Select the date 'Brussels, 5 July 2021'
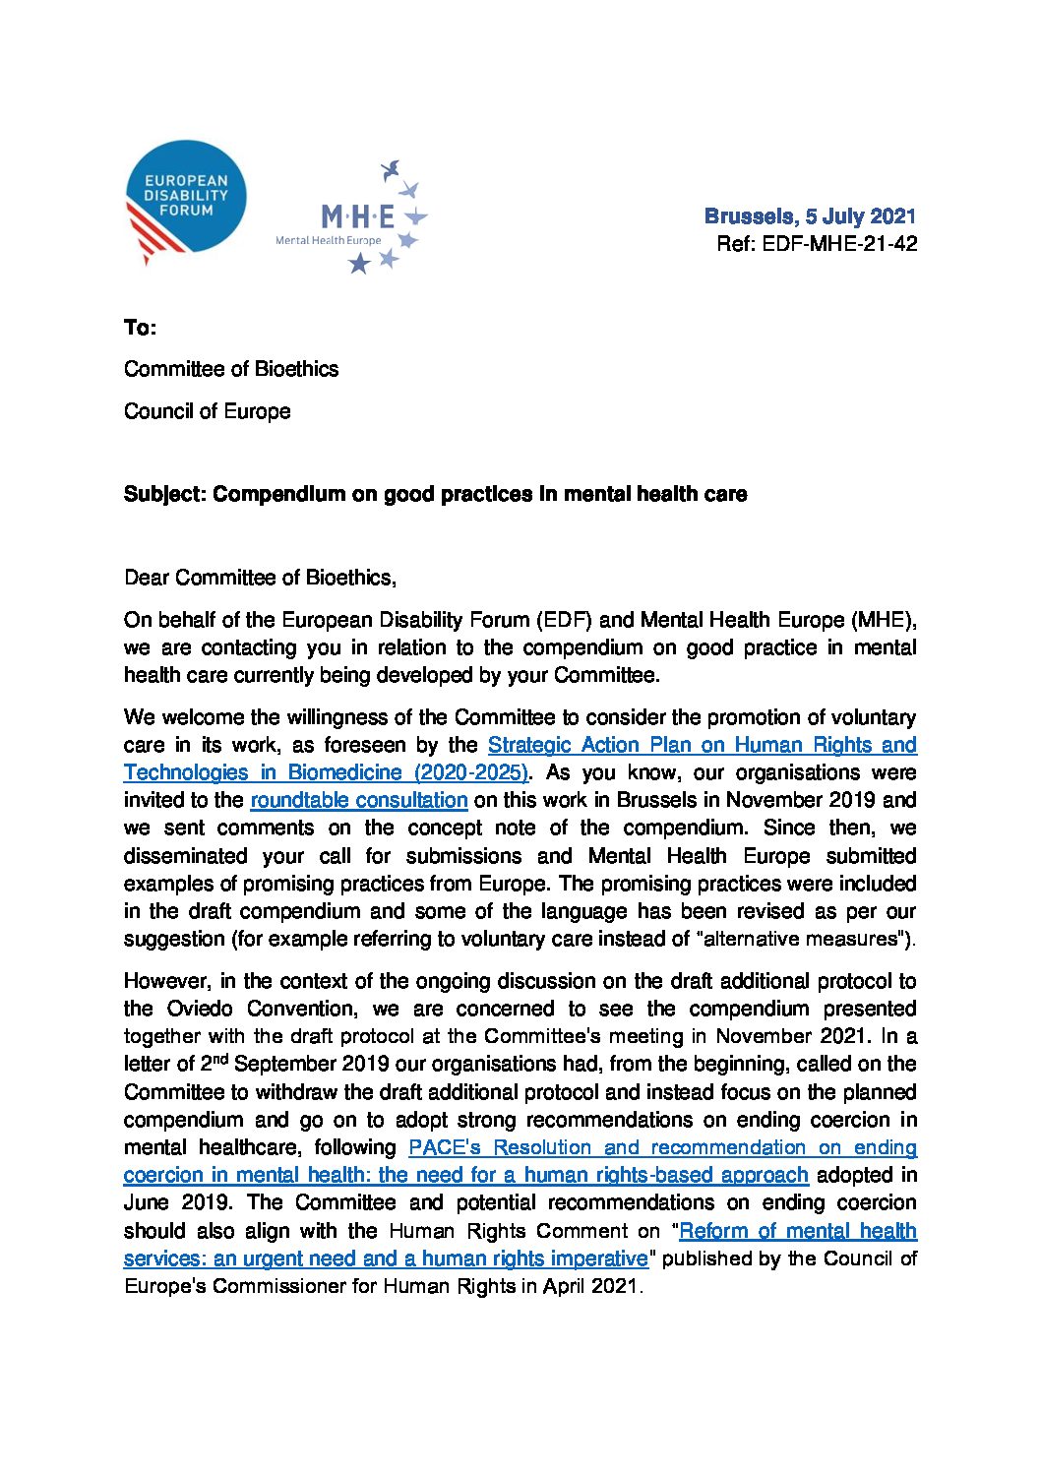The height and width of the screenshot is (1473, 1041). (810, 216)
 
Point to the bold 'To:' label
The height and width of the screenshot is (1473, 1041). (140, 328)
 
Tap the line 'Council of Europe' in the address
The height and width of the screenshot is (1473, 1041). (207, 411)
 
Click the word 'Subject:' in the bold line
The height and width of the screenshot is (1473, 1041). (165, 494)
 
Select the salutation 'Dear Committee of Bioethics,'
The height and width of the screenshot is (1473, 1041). (260, 578)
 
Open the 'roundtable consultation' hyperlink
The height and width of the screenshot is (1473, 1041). (358, 800)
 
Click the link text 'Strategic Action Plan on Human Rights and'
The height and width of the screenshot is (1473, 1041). (702, 745)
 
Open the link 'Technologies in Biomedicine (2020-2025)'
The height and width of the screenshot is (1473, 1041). (326, 772)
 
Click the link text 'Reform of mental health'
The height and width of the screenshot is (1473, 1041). (797, 1231)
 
